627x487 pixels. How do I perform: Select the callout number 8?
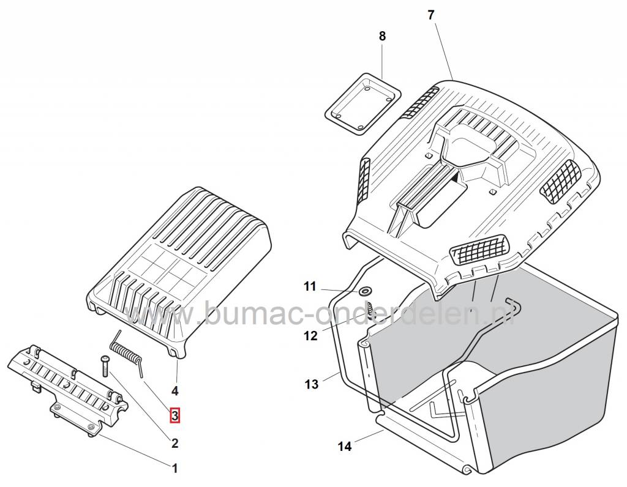383,36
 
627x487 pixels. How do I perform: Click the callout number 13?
312,384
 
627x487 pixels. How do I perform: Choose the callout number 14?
345,447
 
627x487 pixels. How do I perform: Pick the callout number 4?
175,390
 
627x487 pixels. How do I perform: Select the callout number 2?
175,444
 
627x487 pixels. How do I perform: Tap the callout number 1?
175,469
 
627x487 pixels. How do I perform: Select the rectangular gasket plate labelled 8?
362,102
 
